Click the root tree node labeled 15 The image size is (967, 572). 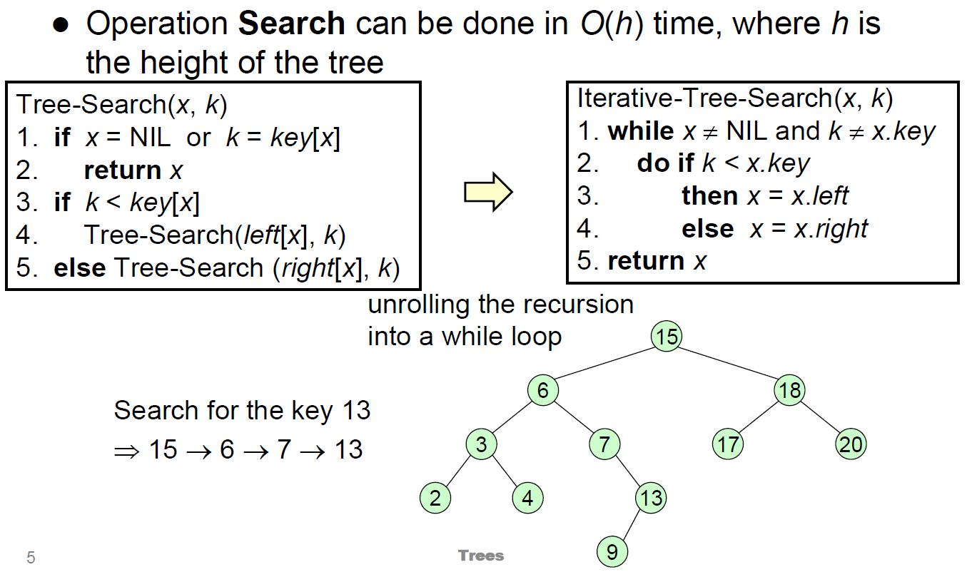coord(667,336)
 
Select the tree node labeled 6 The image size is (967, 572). coord(543,390)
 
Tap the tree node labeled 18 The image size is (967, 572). coord(790,390)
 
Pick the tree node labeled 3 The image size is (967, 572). coord(482,444)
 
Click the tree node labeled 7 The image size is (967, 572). coord(604,444)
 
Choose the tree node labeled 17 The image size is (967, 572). coord(728,444)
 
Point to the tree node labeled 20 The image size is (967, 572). coord(851,444)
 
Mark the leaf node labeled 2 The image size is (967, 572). coord(435,498)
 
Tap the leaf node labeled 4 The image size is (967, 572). coord(527,498)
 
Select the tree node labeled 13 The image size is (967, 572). coord(651,498)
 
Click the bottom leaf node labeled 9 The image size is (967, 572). coord(612,551)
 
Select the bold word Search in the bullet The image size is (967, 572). coord(291,24)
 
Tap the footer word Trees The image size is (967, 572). coord(481,556)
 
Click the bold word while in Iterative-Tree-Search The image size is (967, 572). coord(640,131)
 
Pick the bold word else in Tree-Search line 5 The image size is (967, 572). coord(79,268)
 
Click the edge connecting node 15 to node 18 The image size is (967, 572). coord(728,363)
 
